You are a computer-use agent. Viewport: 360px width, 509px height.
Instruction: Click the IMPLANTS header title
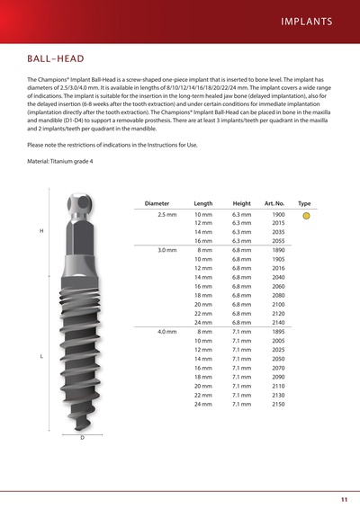[306, 20]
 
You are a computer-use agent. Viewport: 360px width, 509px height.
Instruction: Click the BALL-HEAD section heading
[57, 59]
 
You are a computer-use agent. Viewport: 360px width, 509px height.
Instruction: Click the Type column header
[304, 204]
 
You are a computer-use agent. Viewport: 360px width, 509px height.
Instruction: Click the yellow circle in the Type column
[306, 217]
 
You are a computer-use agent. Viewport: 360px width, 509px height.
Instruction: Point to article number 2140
[278, 321]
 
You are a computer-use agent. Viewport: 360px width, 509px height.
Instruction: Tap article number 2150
[278, 405]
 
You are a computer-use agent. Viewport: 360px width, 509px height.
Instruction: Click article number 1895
[278, 331]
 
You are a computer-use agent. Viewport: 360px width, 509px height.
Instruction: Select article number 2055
[278, 241]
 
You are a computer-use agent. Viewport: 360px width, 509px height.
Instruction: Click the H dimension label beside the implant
[42, 231]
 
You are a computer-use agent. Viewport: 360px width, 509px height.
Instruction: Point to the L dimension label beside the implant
[42, 357]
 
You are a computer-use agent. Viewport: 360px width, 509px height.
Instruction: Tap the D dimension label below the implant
[82, 438]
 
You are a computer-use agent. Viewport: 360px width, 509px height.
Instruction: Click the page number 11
[344, 498]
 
